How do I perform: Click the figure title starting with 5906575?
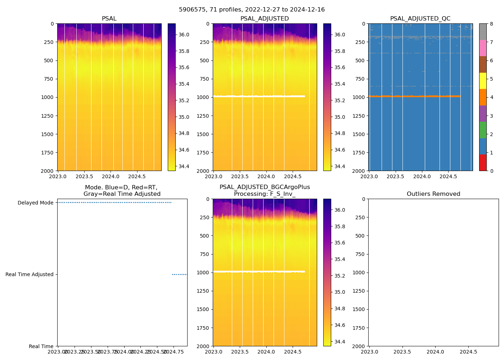pos(252,10)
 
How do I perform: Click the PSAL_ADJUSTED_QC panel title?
pos(420,19)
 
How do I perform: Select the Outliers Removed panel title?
pos(433,194)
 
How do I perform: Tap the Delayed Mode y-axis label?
pos(35,203)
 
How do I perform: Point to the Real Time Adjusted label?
pos(29,275)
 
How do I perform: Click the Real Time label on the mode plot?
pos(41,346)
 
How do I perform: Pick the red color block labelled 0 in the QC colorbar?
pos(483,163)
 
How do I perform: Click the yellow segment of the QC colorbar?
pos(483,81)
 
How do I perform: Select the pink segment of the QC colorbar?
pos(483,48)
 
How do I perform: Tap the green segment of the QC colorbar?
pos(483,130)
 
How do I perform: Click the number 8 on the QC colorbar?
pos(491,24)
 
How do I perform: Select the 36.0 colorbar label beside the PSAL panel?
pos(184,35)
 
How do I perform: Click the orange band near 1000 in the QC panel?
pos(414,96)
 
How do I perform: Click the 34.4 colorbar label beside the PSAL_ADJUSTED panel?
pos(339,167)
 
